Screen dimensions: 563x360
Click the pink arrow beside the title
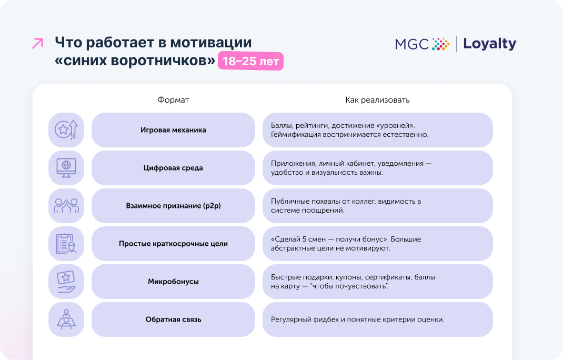(38, 43)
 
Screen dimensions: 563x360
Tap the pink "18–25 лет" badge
(250, 61)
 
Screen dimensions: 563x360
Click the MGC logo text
(412, 44)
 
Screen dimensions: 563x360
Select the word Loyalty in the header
(490, 44)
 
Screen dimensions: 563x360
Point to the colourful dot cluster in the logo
(440, 44)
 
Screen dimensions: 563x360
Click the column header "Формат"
(173, 100)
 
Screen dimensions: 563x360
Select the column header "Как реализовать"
(377, 100)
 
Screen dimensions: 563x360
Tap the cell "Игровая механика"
(173, 130)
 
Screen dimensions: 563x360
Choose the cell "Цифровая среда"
(173, 168)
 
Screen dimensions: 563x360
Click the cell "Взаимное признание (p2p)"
(173, 206)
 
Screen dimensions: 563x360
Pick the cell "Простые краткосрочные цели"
(173, 244)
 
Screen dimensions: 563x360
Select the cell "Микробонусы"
(173, 282)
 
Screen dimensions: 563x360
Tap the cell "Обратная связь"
(173, 319)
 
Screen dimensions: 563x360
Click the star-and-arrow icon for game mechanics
(66, 129)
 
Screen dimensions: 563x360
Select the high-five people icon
(66, 205)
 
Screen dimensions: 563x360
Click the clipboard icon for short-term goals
(66, 244)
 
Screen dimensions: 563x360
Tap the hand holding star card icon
(66, 282)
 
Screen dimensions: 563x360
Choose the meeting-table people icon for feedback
(66, 319)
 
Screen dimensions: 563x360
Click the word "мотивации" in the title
(211, 43)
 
